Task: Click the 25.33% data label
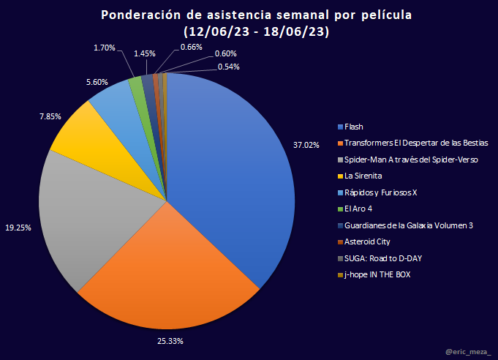point(170,341)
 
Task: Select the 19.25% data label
point(18,228)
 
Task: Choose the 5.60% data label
point(98,82)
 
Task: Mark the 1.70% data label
point(105,48)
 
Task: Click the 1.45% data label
point(144,53)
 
